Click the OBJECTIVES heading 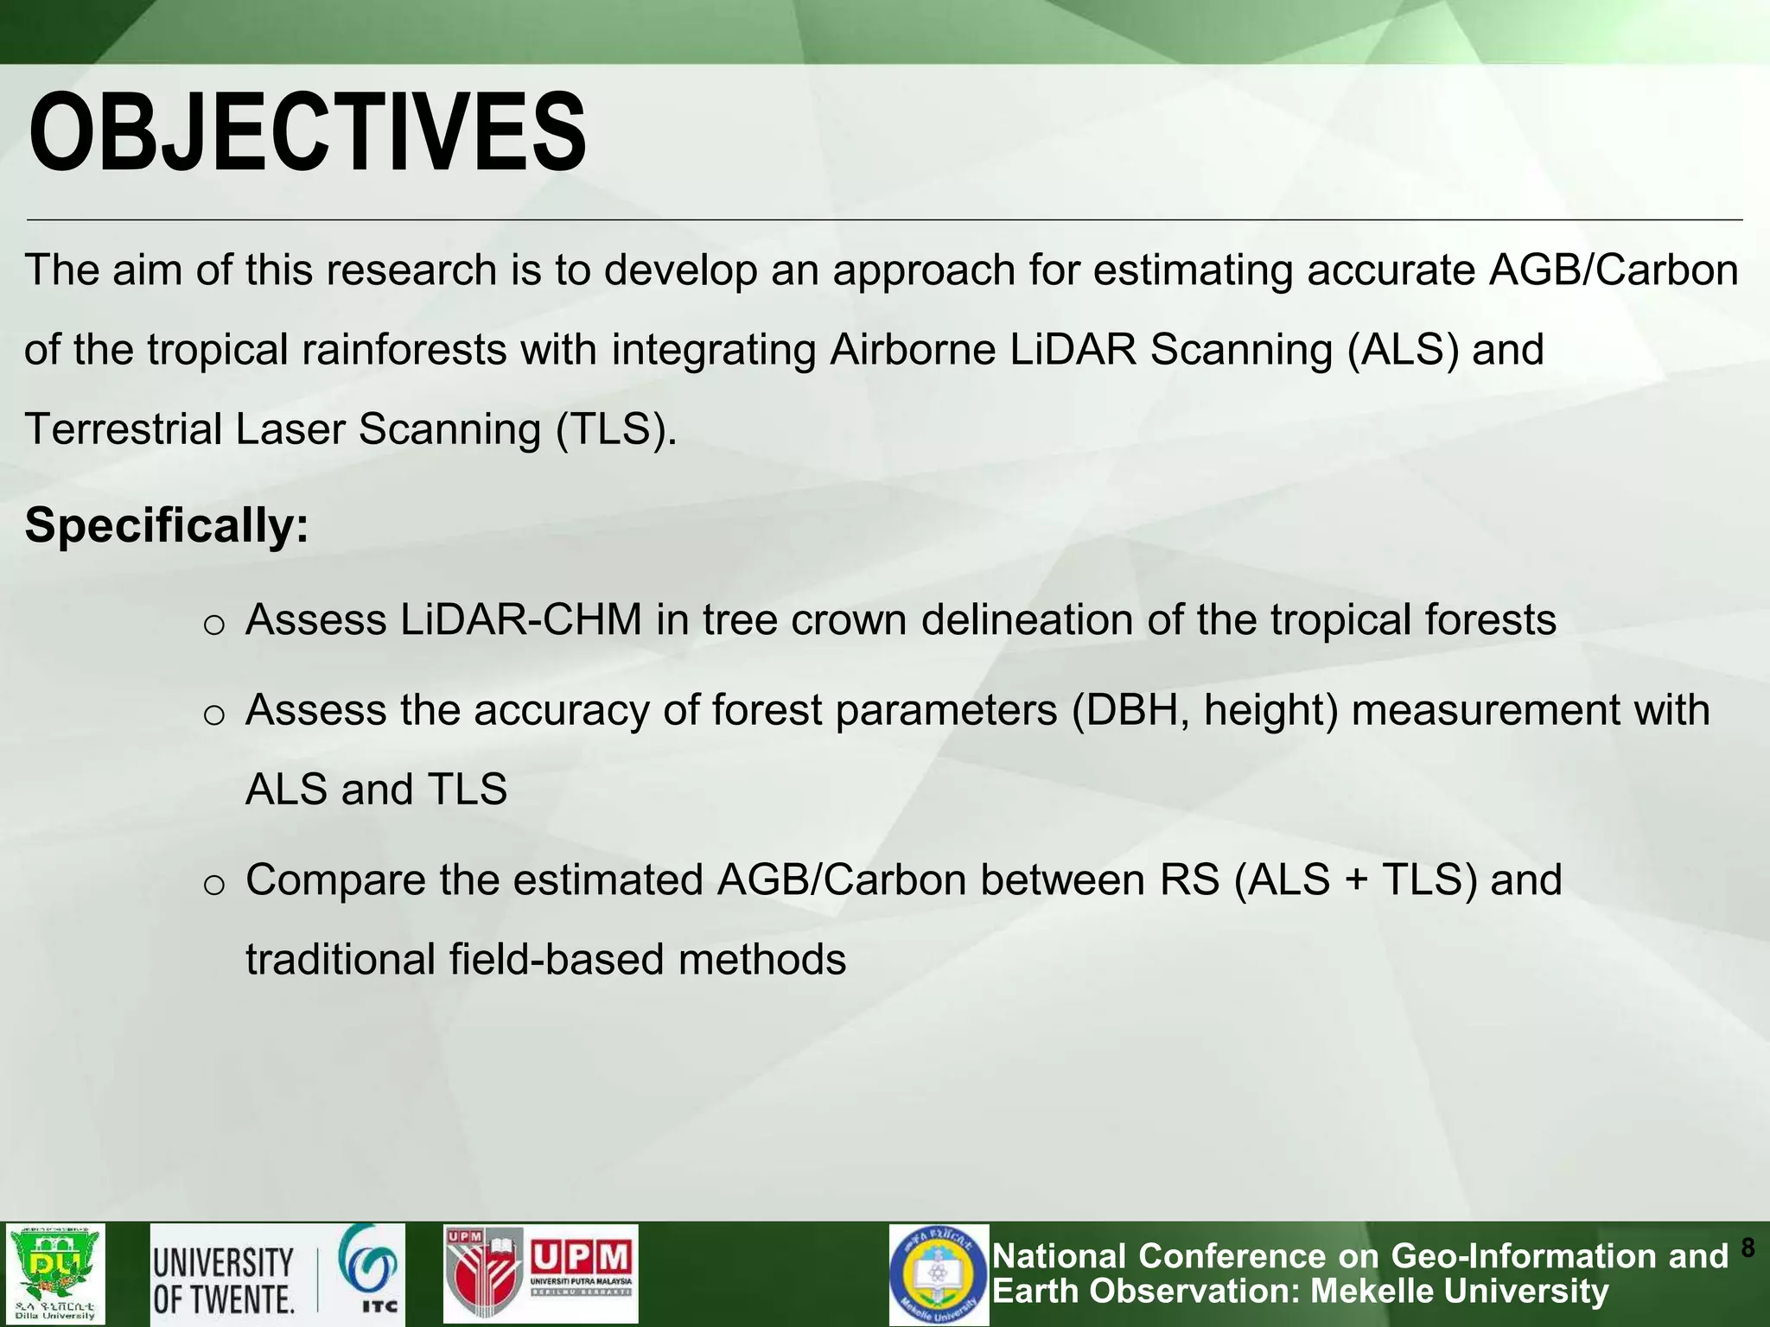click(x=307, y=134)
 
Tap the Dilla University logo click(x=55, y=1273)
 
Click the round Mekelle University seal click(x=939, y=1273)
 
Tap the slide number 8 click(x=1748, y=1248)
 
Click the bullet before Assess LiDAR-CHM click(x=213, y=625)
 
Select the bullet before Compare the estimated click(x=213, y=885)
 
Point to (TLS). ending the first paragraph click(x=615, y=429)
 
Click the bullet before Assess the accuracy click(x=213, y=714)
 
